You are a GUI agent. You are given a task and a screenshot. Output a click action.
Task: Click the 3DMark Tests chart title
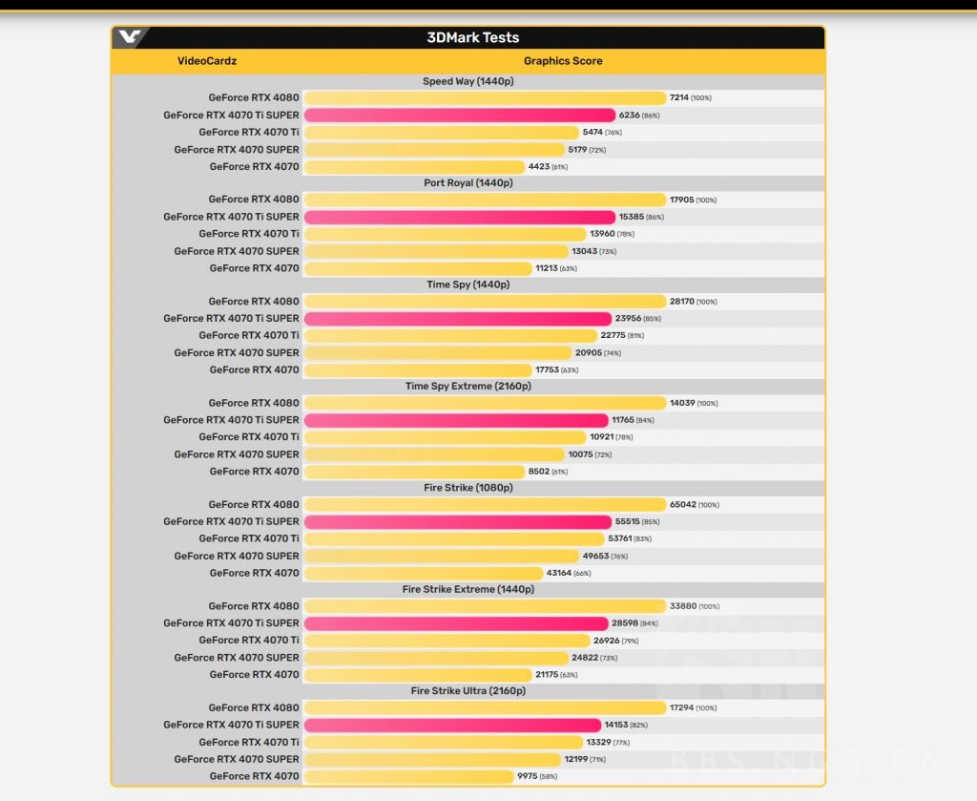pyautogui.click(x=473, y=38)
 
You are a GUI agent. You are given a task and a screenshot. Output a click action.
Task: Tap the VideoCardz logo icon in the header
pyautogui.click(x=129, y=38)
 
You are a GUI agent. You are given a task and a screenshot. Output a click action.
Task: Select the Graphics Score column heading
pyautogui.click(x=563, y=61)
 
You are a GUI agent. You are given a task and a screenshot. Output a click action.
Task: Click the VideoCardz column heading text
pyautogui.click(x=207, y=61)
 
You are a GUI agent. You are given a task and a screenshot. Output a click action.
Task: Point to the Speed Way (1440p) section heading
pyautogui.click(x=468, y=81)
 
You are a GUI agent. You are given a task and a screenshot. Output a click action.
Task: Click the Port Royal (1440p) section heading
pyautogui.click(x=468, y=183)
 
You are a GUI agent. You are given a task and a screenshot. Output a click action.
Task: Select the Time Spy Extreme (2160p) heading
pyautogui.click(x=468, y=387)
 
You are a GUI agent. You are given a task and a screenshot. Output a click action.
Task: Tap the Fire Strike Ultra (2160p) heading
pyautogui.click(x=468, y=691)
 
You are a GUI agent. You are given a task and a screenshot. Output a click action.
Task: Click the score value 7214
pyautogui.click(x=679, y=98)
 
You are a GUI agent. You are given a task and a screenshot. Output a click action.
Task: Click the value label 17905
pyautogui.click(x=681, y=200)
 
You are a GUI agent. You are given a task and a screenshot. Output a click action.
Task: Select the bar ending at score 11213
pyautogui.click(x=418, y=268)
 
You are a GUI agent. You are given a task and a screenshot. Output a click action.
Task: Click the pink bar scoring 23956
pyautogui.click(x=458, y=319)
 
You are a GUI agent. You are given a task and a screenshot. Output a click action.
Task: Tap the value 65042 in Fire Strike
pyautogui.click(x=682, y=505)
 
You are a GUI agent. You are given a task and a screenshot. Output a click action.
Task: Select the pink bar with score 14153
pyautogui.click(x=452, y=726)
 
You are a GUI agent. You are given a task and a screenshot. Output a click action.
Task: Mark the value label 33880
pyautogui.click(x=682, y=606)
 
